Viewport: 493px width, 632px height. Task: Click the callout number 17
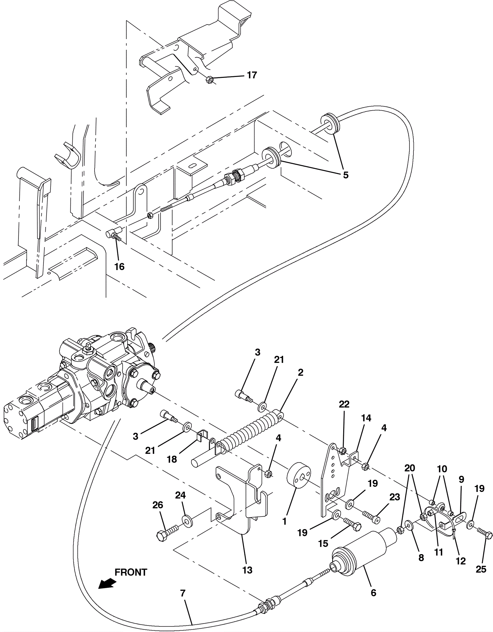252,75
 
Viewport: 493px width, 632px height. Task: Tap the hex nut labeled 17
209,80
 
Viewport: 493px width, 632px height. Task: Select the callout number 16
119,267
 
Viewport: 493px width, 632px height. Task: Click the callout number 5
346,175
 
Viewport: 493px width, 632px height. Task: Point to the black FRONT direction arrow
107,583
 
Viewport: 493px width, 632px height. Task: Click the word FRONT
131,572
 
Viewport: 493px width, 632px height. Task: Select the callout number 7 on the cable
183,593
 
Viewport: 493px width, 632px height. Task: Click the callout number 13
247,570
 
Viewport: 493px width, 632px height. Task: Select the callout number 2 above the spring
300,372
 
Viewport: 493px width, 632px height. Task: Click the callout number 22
344,404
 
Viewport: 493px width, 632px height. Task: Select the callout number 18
172,459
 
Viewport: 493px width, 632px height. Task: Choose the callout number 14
366,418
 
